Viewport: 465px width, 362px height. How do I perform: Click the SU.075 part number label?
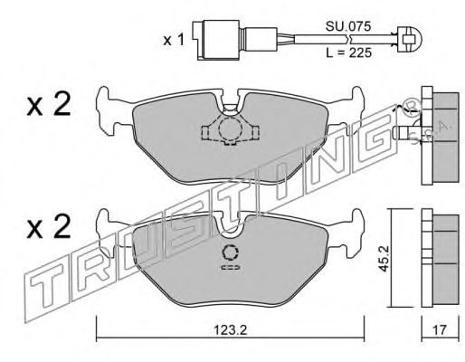347,26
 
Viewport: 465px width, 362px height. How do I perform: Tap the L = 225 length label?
348,53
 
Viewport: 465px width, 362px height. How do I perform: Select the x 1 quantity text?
174,40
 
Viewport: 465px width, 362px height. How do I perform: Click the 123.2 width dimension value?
231,330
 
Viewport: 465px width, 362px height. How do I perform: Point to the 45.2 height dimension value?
384,258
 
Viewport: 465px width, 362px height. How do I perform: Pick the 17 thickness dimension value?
439,329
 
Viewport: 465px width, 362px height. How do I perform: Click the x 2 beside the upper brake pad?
49,104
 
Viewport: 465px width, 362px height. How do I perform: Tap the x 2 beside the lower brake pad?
49,226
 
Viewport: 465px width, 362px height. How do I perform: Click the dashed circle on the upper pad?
230,129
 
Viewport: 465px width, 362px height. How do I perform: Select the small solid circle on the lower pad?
231,252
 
